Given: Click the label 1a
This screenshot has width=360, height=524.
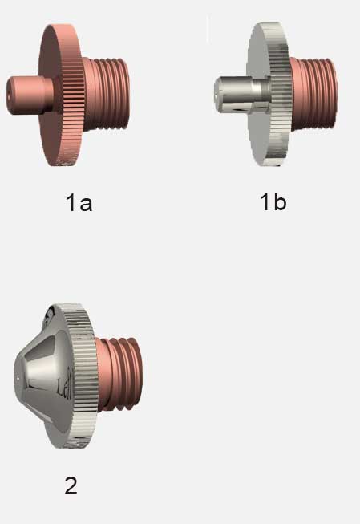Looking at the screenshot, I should tap(79, 202).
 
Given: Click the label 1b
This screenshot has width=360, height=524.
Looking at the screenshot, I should tap(273, 201).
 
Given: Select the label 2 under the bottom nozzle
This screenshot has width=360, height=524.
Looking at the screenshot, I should tap(71, 485).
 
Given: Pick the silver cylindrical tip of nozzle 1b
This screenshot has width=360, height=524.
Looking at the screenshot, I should tap(237, 95).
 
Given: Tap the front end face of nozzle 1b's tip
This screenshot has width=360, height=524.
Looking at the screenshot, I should tap(219, 94).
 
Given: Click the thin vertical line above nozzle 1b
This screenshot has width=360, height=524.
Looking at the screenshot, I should tap(208, 29).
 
